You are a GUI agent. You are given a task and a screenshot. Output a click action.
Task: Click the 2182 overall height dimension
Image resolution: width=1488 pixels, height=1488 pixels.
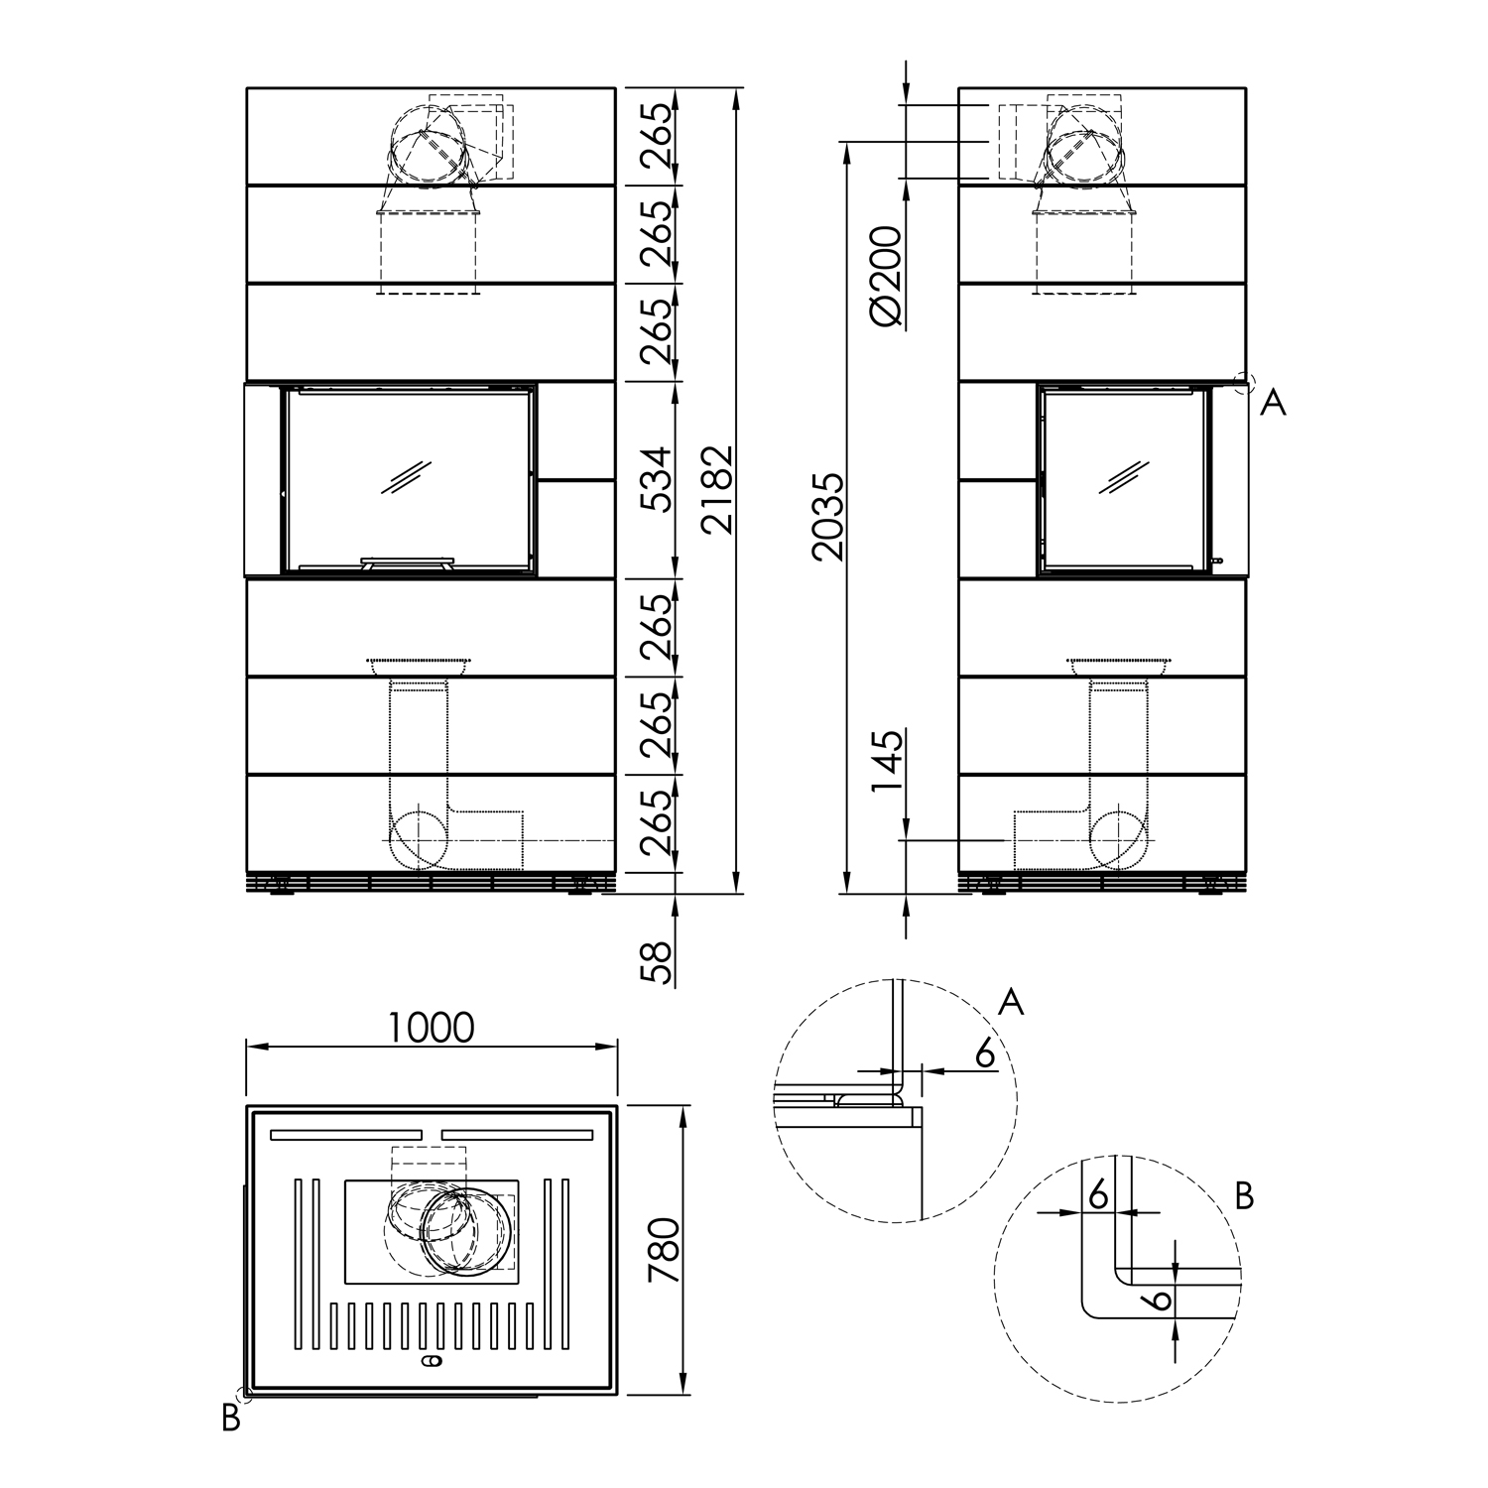point(716,490)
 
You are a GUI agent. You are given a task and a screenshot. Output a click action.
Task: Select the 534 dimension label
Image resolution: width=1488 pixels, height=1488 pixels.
point(656,479)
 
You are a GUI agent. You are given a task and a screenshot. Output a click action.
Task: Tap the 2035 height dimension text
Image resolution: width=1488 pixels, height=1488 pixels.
point(826,517)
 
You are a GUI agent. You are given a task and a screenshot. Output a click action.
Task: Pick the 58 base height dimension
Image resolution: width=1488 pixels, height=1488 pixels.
point(656,961)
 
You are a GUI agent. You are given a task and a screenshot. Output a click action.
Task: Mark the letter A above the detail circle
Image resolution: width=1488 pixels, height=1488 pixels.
point(1010,1002)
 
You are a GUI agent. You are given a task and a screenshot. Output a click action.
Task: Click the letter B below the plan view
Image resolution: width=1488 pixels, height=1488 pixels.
point(231,1420)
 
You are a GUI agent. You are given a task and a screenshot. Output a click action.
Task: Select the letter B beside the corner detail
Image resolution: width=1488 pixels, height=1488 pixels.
point(1244,1196)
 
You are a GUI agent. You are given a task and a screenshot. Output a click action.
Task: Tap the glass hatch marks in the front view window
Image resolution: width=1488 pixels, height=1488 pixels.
point(407,477)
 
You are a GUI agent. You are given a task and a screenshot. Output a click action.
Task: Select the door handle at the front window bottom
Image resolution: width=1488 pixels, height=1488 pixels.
point(407,563)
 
